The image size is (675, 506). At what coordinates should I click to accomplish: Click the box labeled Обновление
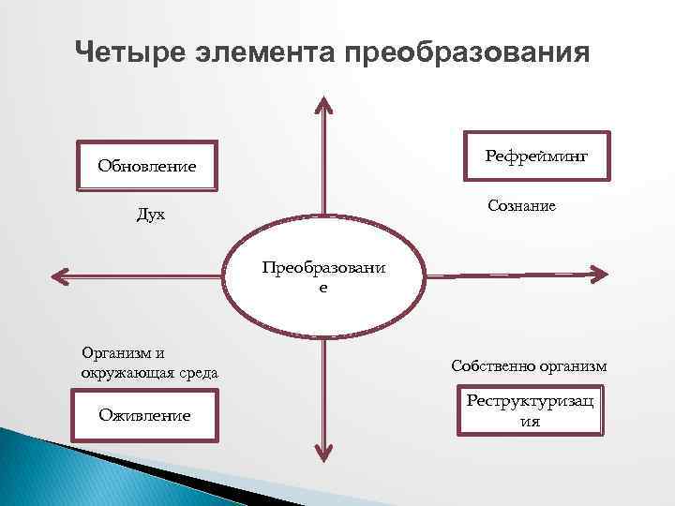(147, 167)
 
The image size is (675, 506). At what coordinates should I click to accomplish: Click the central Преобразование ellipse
(322, 275)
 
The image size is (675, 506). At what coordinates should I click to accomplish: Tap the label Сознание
(521, 205)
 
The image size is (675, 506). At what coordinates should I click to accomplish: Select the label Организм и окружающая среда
(149, 363)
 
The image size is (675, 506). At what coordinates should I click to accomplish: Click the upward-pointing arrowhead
(323, 105)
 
